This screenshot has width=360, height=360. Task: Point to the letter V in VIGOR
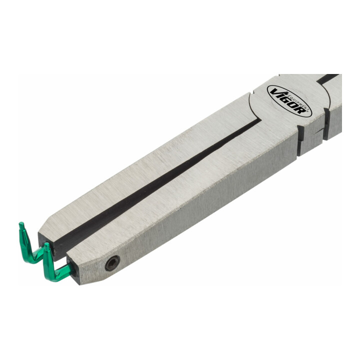coord(273,92)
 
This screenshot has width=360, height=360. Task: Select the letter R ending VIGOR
coord(300,110)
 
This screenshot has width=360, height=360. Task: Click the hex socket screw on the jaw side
coord(112,263)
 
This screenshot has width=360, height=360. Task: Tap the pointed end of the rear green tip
coord(21,223)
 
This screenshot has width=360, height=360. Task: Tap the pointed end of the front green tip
coord(46,244)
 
